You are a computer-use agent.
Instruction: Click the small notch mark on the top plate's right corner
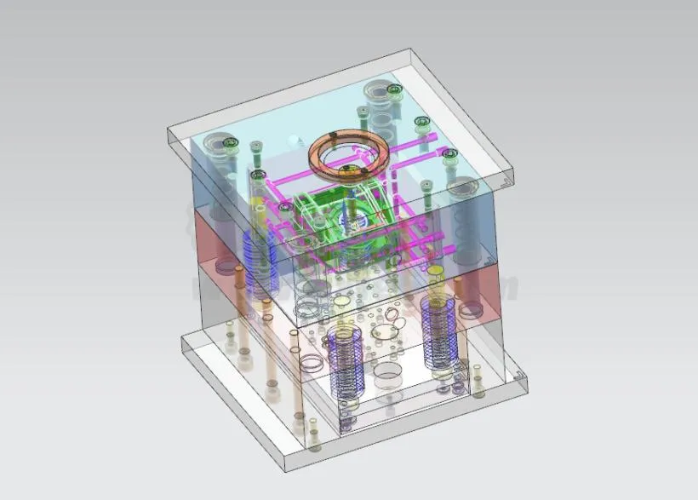point(507,180)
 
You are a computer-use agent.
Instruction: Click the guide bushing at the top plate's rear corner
point(377,90)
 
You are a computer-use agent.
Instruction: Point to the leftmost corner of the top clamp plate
point(168,129)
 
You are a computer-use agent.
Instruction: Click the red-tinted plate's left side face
point(204,234)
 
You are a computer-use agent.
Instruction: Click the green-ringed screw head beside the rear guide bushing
point(393,89)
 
